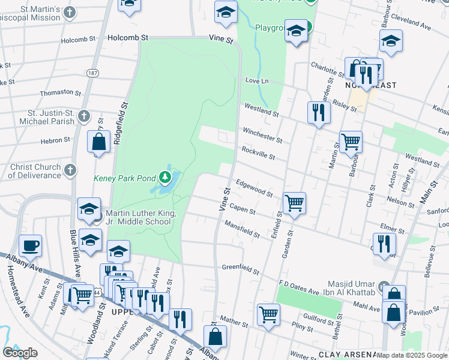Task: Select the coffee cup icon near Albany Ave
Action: (x=30, y=245)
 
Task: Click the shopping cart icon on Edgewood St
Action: (x=294, y=203)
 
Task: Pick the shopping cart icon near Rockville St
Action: (x=351, y=142)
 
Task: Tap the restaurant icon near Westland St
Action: (x=318, y=112)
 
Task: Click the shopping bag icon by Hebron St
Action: (x=99, y=142)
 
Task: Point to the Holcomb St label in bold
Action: (x=128, y=37)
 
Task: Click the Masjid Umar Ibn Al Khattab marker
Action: (x=384, y=285)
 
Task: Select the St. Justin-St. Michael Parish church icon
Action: (x=83, y=115)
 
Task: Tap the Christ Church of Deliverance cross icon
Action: (x=70, y=170)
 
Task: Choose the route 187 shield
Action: (x=92, y=73)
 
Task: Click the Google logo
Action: (x=20, y=353)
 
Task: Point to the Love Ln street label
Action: (x=255, y=80)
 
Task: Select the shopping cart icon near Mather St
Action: (x=268, y=314)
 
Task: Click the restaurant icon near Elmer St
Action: (x=384, y=243)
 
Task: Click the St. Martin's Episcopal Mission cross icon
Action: (x=70, y=12)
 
